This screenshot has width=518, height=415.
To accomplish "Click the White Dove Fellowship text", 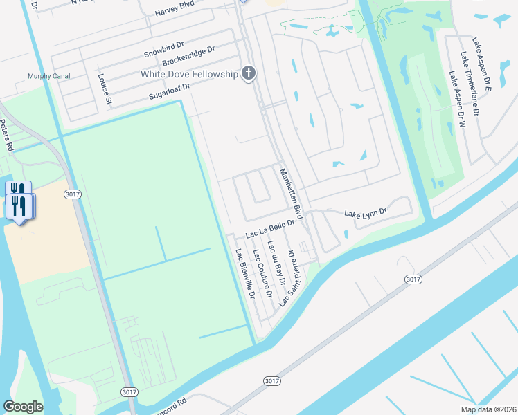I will pos(188,74).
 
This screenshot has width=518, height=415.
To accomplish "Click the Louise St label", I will pos(104,89).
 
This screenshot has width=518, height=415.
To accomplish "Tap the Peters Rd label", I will pos(6,136).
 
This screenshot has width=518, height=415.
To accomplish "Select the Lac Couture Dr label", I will pos(261,270).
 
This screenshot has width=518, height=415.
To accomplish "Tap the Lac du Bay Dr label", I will pos(277,264).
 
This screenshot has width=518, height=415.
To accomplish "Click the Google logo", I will pos(24,407).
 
